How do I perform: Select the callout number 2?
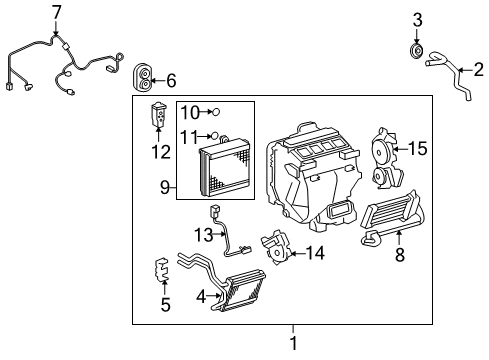click(478, 69)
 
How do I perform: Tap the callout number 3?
click(418, 19)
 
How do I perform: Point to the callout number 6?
click(170, 79)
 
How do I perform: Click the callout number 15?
click(418, 149)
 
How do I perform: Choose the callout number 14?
click(315, 253)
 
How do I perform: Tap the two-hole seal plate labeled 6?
click(144, 75)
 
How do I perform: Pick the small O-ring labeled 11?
click(215, 135)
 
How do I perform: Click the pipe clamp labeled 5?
click(162, 270)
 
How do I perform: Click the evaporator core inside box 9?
click(232, 170)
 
